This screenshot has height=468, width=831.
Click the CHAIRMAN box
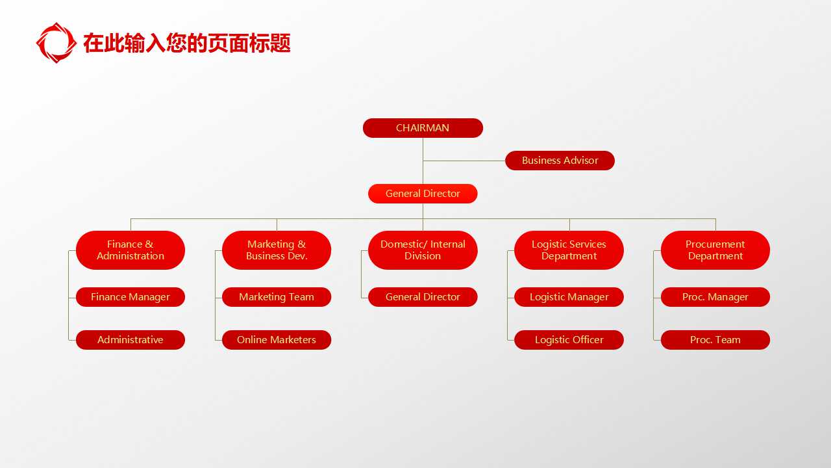click(423, 128)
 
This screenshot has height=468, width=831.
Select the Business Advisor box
click(560, 161)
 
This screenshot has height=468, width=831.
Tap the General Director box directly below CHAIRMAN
click(423, 194)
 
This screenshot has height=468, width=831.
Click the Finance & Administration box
click(130, 250)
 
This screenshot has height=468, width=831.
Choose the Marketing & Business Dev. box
click(277, 250)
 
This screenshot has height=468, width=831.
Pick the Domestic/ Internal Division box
click(423, 250)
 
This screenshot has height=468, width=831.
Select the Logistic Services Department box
click(569, 250)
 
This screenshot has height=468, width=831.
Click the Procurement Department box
click(715, 250)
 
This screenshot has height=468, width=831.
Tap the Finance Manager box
click(130, 297)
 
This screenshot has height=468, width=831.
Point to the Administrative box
click(130, 340)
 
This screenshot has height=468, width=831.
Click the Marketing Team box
click(277, 297)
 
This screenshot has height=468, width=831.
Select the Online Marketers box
click(277, 340)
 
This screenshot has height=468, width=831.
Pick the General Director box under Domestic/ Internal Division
click(423, 297)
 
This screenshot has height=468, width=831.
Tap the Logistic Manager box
click(569, 297)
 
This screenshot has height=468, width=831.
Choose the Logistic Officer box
click(569, 340)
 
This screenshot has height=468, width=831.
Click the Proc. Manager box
click(715, 297)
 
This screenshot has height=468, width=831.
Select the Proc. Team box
click(715, 340)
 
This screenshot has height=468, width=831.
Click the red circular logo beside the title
click(56, 43)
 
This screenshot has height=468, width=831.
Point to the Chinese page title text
click(187, 44)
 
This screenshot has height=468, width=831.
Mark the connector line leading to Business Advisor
click(464, 161)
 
